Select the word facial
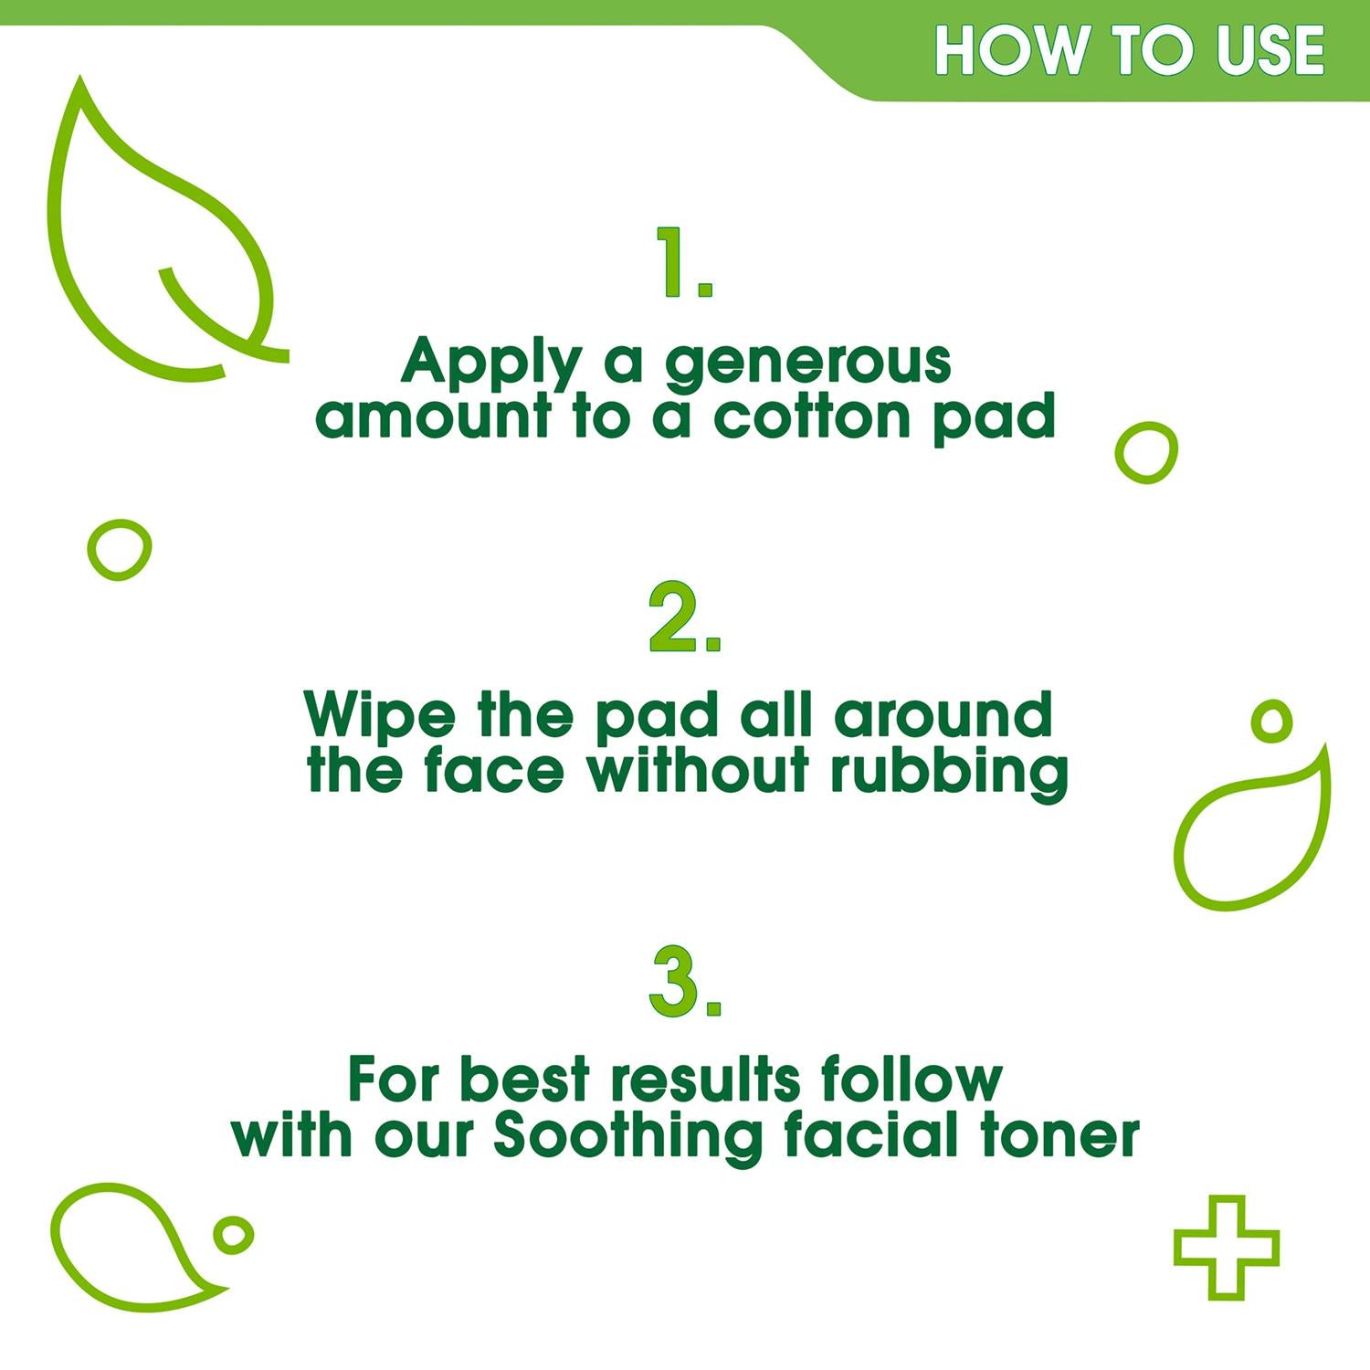click(876, 1135)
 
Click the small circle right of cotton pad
click(1147, 451)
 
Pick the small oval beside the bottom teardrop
click(233, 1236)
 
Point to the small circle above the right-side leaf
click(1271, 722)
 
